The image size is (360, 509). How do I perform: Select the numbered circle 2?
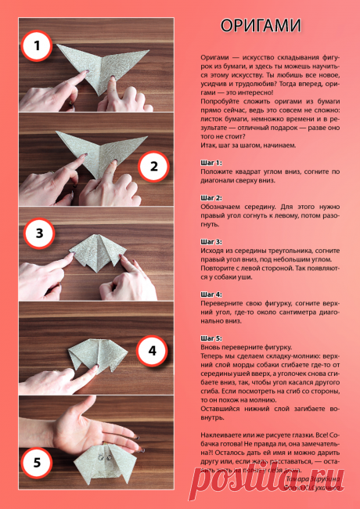pyautogui.click(x=153, y=165)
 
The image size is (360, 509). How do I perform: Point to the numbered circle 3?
pyautogui.click(x=39, y=233)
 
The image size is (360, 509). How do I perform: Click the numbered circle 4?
pyautogui.click(x=153, y=350)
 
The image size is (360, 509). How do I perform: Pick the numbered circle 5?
pyautogui.click(x=36, y=462)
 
